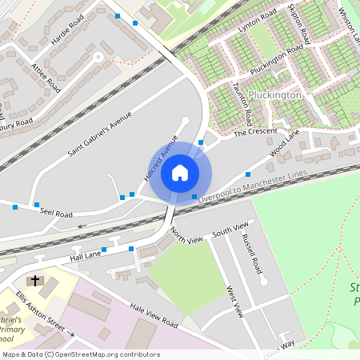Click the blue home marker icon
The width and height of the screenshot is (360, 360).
tap(180, 172)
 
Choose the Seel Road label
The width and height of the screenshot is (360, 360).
tap(56, 214)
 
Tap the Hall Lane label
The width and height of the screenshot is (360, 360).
tap(87, 255)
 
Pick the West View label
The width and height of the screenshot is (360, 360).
tap(234, 302)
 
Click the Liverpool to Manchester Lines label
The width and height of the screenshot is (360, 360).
tap(252, 185)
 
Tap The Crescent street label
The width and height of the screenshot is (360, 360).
tap(255, 131)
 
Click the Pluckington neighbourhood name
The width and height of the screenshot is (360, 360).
tap(274, 94)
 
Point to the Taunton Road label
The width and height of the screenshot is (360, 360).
tap(242, 105)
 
